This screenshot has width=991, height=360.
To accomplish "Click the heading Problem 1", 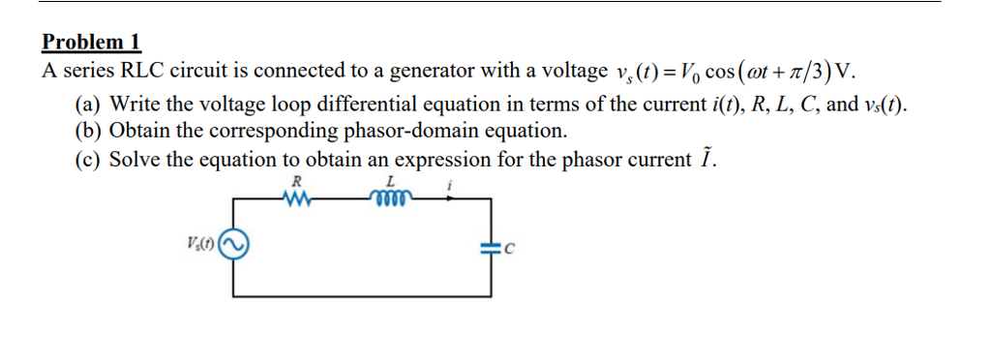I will (92, 43).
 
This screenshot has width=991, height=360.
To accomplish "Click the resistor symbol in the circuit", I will (296, 198).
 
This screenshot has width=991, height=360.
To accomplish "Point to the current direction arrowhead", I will (448, 198).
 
